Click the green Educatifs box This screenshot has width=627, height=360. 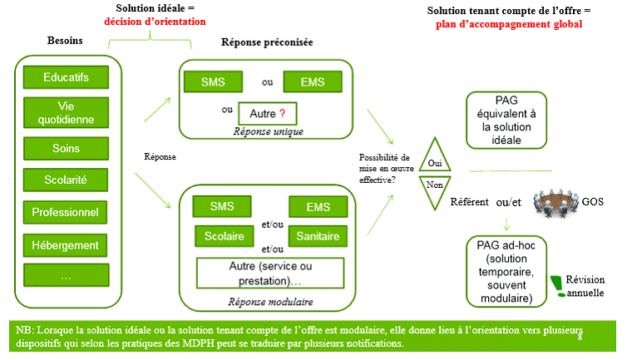pos(67,77)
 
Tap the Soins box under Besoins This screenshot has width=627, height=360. pos(67,148)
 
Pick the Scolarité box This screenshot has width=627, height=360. pos(67,179)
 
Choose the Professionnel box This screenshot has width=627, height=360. pos(67,213)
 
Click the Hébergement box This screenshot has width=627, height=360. pos(67,244)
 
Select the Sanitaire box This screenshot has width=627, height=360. pos(318,236)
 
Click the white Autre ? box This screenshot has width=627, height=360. pos(267,112)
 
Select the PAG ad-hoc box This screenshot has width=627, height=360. pos(506,269)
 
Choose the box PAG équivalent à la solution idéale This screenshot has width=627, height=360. pos(506,119)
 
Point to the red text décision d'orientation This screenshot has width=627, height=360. pos(155,21)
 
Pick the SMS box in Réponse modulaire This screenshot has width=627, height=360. pos(223,205)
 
